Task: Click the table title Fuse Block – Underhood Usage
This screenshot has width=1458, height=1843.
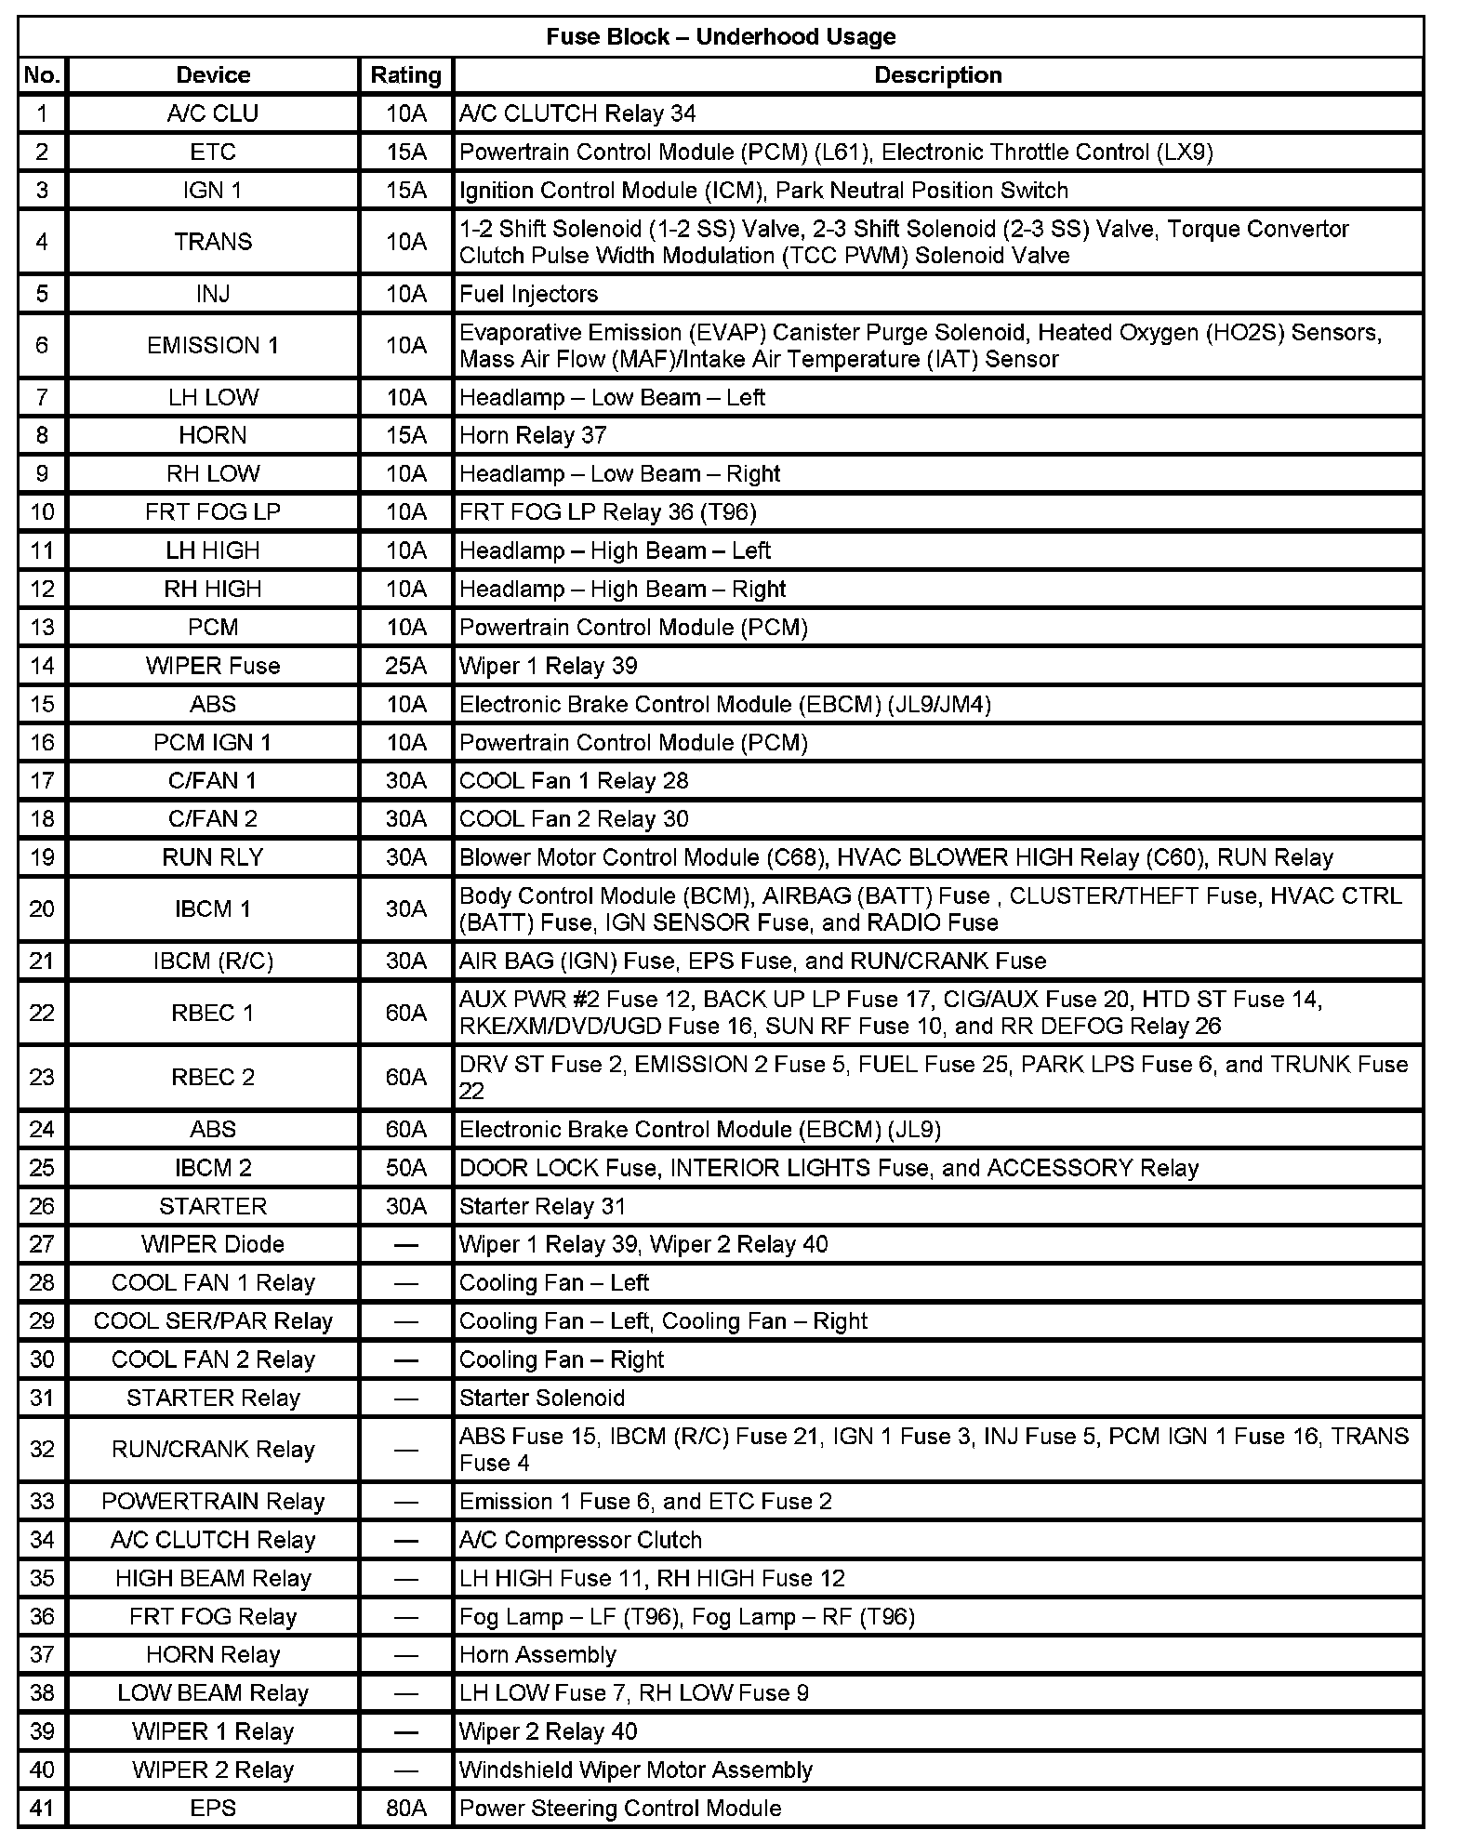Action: [x=721, y=37]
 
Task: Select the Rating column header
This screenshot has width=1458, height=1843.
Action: [x=405, y=75]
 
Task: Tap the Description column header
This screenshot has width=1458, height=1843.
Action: [x=937, y=75]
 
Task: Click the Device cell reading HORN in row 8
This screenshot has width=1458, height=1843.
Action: [x=213, y=435]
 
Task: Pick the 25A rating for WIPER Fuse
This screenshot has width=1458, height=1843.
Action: [x=405, y=666]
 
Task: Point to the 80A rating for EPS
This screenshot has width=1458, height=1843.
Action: [x=405, y=1808]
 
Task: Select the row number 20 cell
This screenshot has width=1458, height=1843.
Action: [x=42, y=908]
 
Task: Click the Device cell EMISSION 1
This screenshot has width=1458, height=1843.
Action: [x=213, y=345]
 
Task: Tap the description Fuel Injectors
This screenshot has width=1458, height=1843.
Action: [x=529, y=294]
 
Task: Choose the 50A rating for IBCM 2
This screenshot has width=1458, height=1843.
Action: [x=405, y=1168]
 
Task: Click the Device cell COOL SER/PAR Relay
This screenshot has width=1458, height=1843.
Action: [x=213, y=1321]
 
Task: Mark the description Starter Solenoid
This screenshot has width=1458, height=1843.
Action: [x=542, y=1398]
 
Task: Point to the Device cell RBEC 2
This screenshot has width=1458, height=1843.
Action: [x=213, y=1077]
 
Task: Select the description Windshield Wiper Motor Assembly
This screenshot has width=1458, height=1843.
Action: [x=636, y=1770]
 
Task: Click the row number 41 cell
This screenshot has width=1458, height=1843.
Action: [x=42, y=1808]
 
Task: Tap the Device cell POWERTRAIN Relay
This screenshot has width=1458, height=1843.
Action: [x=213, y=1502]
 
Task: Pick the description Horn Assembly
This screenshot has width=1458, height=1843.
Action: [x=538, y=1654]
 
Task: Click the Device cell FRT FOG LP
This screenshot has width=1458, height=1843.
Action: [x=213, y=512]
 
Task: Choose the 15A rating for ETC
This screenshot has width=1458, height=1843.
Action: [x=405, y=152]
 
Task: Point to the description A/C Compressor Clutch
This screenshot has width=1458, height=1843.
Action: [x=580, y=1540]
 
